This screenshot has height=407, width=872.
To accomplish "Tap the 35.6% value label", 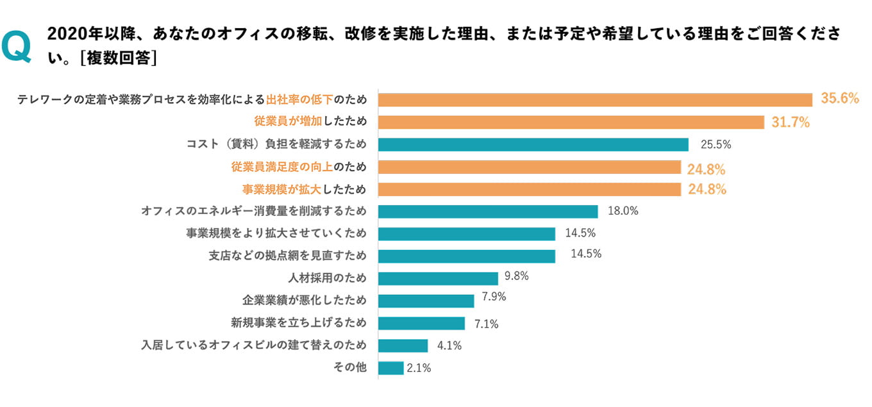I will [x=839, y=98].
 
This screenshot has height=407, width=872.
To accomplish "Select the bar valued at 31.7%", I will [x=571, y=122].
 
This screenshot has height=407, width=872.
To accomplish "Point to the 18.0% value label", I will [x=622, y=210].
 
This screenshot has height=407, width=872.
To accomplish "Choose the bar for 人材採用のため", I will [x=438, y=278].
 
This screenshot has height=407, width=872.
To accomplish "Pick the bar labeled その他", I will [x=391, y=368].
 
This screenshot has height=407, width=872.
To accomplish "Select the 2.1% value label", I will [x=419, y=368].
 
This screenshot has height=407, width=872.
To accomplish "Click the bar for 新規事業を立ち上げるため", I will [x=421, y=323].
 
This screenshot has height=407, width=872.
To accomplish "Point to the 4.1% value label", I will [x=449, y=345].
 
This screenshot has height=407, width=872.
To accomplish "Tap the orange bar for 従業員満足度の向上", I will [x=530, y=167].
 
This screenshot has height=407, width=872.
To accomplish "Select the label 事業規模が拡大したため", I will [x=304, y=189].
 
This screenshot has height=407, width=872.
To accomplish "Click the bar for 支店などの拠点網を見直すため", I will [x=467, y=256].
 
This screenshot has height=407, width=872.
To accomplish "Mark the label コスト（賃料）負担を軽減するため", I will [x=276, y=144].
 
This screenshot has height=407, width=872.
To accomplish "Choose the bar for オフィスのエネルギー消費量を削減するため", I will [x=488, y=212].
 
